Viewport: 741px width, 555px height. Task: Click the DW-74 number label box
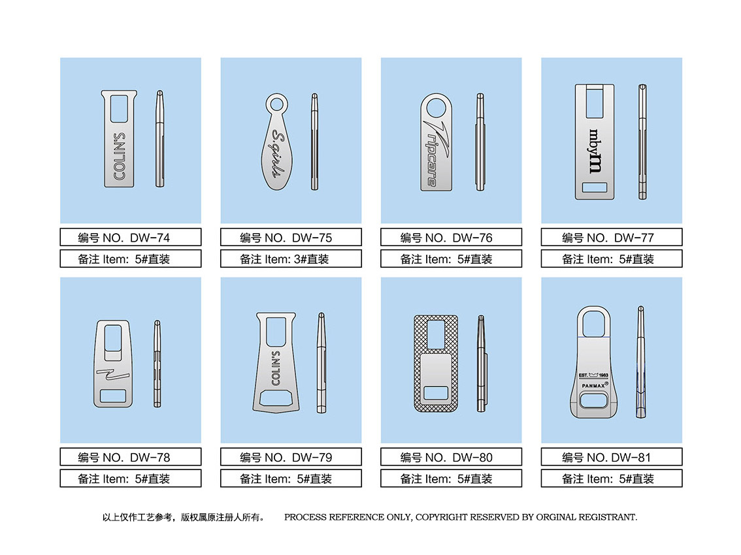131,237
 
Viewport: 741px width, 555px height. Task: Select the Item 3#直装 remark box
291,259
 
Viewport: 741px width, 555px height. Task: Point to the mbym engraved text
595,151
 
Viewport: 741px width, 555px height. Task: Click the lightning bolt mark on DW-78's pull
113,373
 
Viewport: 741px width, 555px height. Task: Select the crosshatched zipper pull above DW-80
436,363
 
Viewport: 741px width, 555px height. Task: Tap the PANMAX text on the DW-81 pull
593,385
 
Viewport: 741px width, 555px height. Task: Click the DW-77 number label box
612,237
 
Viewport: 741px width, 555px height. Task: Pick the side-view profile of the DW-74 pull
159,139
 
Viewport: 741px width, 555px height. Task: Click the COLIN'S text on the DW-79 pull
276,368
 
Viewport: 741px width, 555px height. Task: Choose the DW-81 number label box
612,457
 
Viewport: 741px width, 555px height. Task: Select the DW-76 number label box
452,237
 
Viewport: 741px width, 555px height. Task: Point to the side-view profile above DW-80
482,364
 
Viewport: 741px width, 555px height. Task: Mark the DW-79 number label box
291,457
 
